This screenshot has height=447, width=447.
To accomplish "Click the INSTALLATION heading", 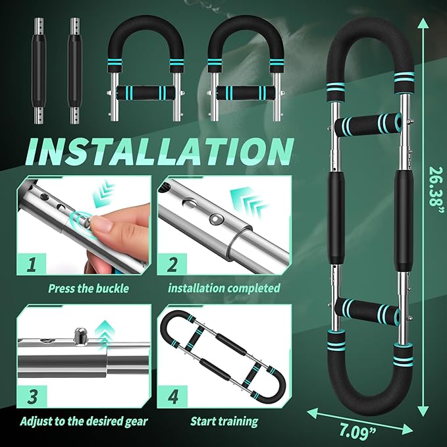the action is [159, 152].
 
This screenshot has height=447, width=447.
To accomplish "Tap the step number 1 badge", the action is [32, 264].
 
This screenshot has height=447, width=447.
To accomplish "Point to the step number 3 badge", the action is [32, 396].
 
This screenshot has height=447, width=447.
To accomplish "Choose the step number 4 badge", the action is [172, 396].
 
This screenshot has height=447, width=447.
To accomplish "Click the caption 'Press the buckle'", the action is [88, 288].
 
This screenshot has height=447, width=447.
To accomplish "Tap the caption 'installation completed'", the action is [224, 288].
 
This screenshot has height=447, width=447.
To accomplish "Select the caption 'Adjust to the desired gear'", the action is [84, 421].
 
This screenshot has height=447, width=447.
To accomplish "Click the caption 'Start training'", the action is [224, 421].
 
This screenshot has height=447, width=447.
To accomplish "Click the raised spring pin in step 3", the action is [80, 336].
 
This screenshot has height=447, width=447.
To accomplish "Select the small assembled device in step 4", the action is [223, 357].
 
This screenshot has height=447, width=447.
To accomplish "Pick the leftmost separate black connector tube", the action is [39, 71].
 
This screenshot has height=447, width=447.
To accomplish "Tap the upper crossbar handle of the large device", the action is [368, 124].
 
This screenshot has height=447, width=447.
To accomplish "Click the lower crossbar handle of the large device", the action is [367, 311].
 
